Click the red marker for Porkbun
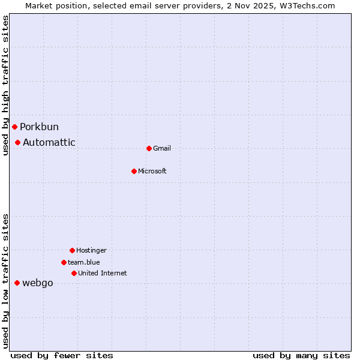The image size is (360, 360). pos(14,127)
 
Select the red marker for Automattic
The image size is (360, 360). pos(18,142)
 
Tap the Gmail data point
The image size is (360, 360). pos(149,148)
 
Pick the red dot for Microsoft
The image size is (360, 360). pos(134,171)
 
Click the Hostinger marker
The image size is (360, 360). pos(72,250)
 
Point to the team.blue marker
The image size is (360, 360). pos(64,262)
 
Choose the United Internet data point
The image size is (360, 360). pos(74,273)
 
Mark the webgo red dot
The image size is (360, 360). pos(17,283)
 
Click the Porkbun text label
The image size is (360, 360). pos(39,127)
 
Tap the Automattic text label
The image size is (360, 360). pos(49,142)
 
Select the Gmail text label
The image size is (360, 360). pos(162,148)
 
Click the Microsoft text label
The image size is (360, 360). pos(152,171)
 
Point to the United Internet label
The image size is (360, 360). pos(103,273)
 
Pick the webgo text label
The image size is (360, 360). pos(38,283)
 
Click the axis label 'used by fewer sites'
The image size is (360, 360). pos(62,355)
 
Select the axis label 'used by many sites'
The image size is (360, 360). pos(301,355)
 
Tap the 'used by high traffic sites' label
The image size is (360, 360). pos(5,85)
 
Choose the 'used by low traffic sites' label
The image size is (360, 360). pos(5,281)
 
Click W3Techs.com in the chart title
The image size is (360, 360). pos(307,5)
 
